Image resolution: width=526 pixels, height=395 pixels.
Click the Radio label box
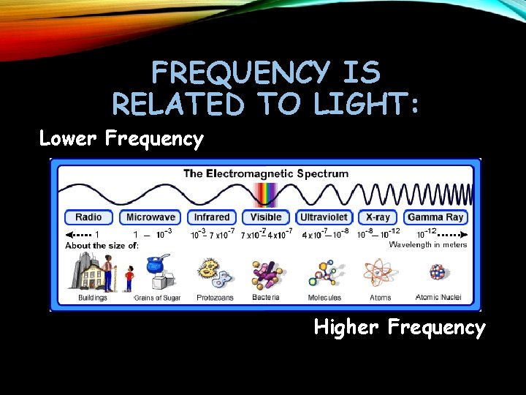click(88, 217)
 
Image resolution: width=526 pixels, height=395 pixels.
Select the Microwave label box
click(150, 217)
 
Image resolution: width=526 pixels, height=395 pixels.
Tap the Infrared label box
click(212, 217)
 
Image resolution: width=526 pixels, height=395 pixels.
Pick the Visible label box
click(266, 217)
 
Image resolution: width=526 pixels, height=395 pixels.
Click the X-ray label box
click(378, 217)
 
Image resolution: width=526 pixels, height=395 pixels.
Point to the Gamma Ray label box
click(435, 217)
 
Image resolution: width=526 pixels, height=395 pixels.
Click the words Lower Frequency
click(121, 138)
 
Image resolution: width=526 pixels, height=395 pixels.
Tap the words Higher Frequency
click(400, 327)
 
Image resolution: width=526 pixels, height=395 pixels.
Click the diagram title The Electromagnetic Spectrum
click(266, 174)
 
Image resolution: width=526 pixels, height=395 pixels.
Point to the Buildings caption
click(93, 298)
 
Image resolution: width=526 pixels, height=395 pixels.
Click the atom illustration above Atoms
click(380, 273)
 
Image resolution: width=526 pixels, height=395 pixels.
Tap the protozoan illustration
click(212, 274)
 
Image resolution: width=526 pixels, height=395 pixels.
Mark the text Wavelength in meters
click(427, 245)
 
